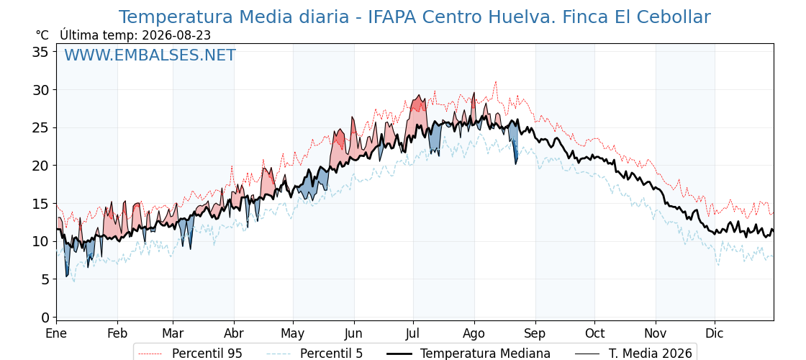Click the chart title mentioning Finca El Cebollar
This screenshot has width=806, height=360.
415,17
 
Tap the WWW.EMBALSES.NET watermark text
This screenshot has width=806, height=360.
150,55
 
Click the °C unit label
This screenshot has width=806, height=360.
42,35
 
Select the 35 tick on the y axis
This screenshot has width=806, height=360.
41,52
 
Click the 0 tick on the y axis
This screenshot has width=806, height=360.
45,318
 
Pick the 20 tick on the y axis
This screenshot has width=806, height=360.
41,166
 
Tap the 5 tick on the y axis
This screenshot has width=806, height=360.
45,279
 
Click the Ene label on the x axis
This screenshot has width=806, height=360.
56,333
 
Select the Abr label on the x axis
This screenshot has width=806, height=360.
234,333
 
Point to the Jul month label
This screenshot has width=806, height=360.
413,333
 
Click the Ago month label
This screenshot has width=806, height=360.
474,334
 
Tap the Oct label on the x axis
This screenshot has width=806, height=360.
594,333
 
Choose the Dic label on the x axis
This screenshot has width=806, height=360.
715,333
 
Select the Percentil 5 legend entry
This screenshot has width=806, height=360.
314,354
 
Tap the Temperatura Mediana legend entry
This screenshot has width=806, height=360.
467,354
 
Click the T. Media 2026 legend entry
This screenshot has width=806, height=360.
633,354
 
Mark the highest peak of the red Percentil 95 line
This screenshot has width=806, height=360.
496,81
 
